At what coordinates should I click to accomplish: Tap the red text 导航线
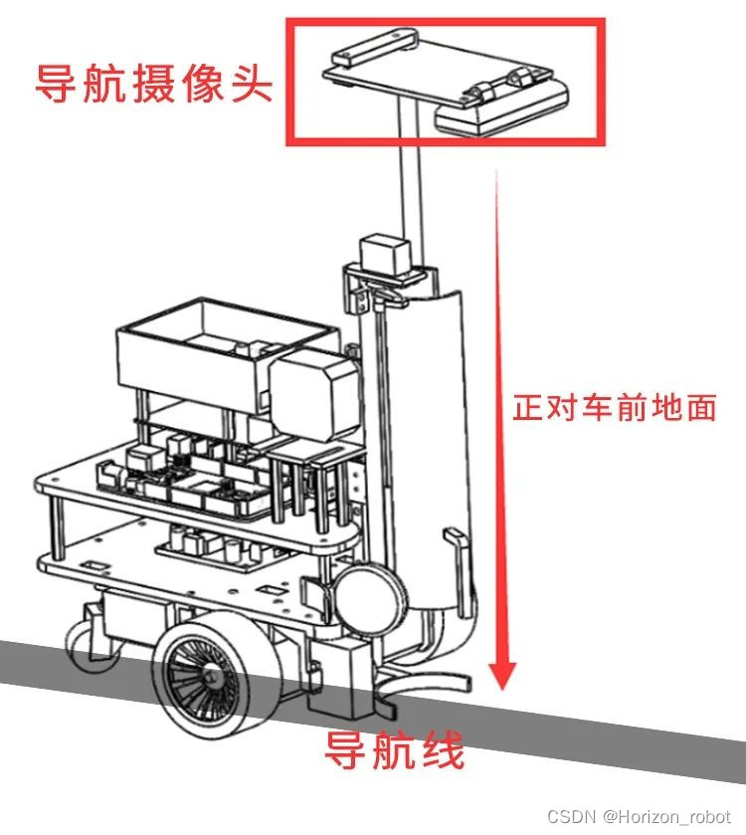[395, 751]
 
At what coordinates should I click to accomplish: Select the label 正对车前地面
[614, 408]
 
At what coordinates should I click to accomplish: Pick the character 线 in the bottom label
[444, 751]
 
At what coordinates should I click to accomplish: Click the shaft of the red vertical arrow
[497, 398]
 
